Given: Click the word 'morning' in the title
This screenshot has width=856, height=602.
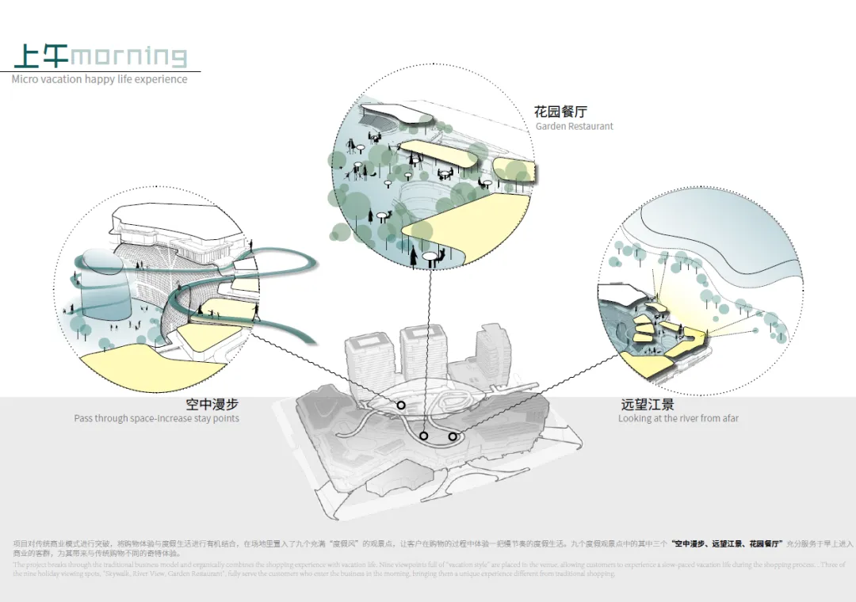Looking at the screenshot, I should coord(129,57).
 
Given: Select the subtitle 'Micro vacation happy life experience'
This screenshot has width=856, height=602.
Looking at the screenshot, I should coord(100,79).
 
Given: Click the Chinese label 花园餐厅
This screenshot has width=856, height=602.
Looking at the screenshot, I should coord(560,112).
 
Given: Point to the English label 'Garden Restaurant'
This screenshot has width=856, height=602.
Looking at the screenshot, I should coord(575,126).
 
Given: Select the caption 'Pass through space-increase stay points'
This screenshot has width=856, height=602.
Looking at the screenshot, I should coord(156,418).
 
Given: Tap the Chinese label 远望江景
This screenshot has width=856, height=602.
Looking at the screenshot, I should coord(648,404).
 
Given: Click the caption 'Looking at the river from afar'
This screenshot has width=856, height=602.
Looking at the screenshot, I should coord(678,418).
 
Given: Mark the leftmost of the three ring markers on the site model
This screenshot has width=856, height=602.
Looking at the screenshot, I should coord(401,406).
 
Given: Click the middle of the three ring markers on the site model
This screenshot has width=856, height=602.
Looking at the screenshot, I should coord(424,436).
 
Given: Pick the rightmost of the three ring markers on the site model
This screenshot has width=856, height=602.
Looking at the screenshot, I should coord(453,436).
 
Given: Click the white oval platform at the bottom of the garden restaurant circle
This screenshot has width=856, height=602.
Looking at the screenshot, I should coord(433,255).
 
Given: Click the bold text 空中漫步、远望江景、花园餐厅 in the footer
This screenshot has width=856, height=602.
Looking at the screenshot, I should coord(727,544).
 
